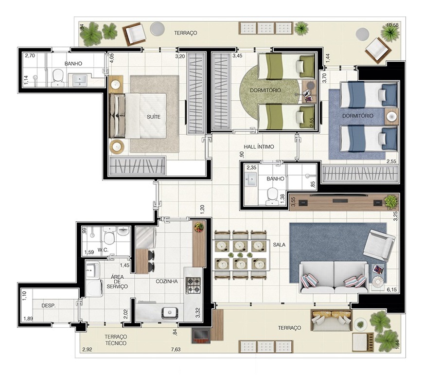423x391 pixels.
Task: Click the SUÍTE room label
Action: pyautogui.click(x=154, y=117)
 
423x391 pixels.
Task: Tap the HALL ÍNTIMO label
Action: pyautogui.click(x=259, y=147)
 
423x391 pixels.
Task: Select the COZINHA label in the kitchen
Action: pyautogui.click(x=167, y=282)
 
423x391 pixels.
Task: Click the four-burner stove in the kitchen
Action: pyautogui.click(x=194, y=285)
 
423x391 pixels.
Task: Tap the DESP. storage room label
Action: pyautogui.click(x=49, y=306)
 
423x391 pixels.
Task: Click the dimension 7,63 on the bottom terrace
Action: pyautogui.click(x=176, y=350)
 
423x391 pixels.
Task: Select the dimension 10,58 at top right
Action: pyautogui.click(x=392, y=25)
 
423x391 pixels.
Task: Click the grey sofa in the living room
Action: pyautogui.click(x=334, y=277)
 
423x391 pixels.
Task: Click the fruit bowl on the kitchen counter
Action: pyautogui.click(x=199, y=227)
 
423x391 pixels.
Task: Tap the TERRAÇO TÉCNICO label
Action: pyautogui.click(x=116, y=340)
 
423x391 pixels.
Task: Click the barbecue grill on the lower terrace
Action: pyautogui.click(x=200, y=336)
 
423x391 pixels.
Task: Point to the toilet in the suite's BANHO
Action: pyautogui.click(x=57, y=78)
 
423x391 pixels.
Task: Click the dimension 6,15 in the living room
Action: pyautogui.click(x=392, y=289)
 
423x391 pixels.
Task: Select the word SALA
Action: pyautogui.click(x=279, y=245)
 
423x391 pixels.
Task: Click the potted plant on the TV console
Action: pyautogui.click(x=390, y=201)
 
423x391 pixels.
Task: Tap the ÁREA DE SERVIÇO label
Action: pyautogui.click(x=117, y=282)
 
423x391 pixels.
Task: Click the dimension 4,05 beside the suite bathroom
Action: pyautogui.click(x=112, y=58)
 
